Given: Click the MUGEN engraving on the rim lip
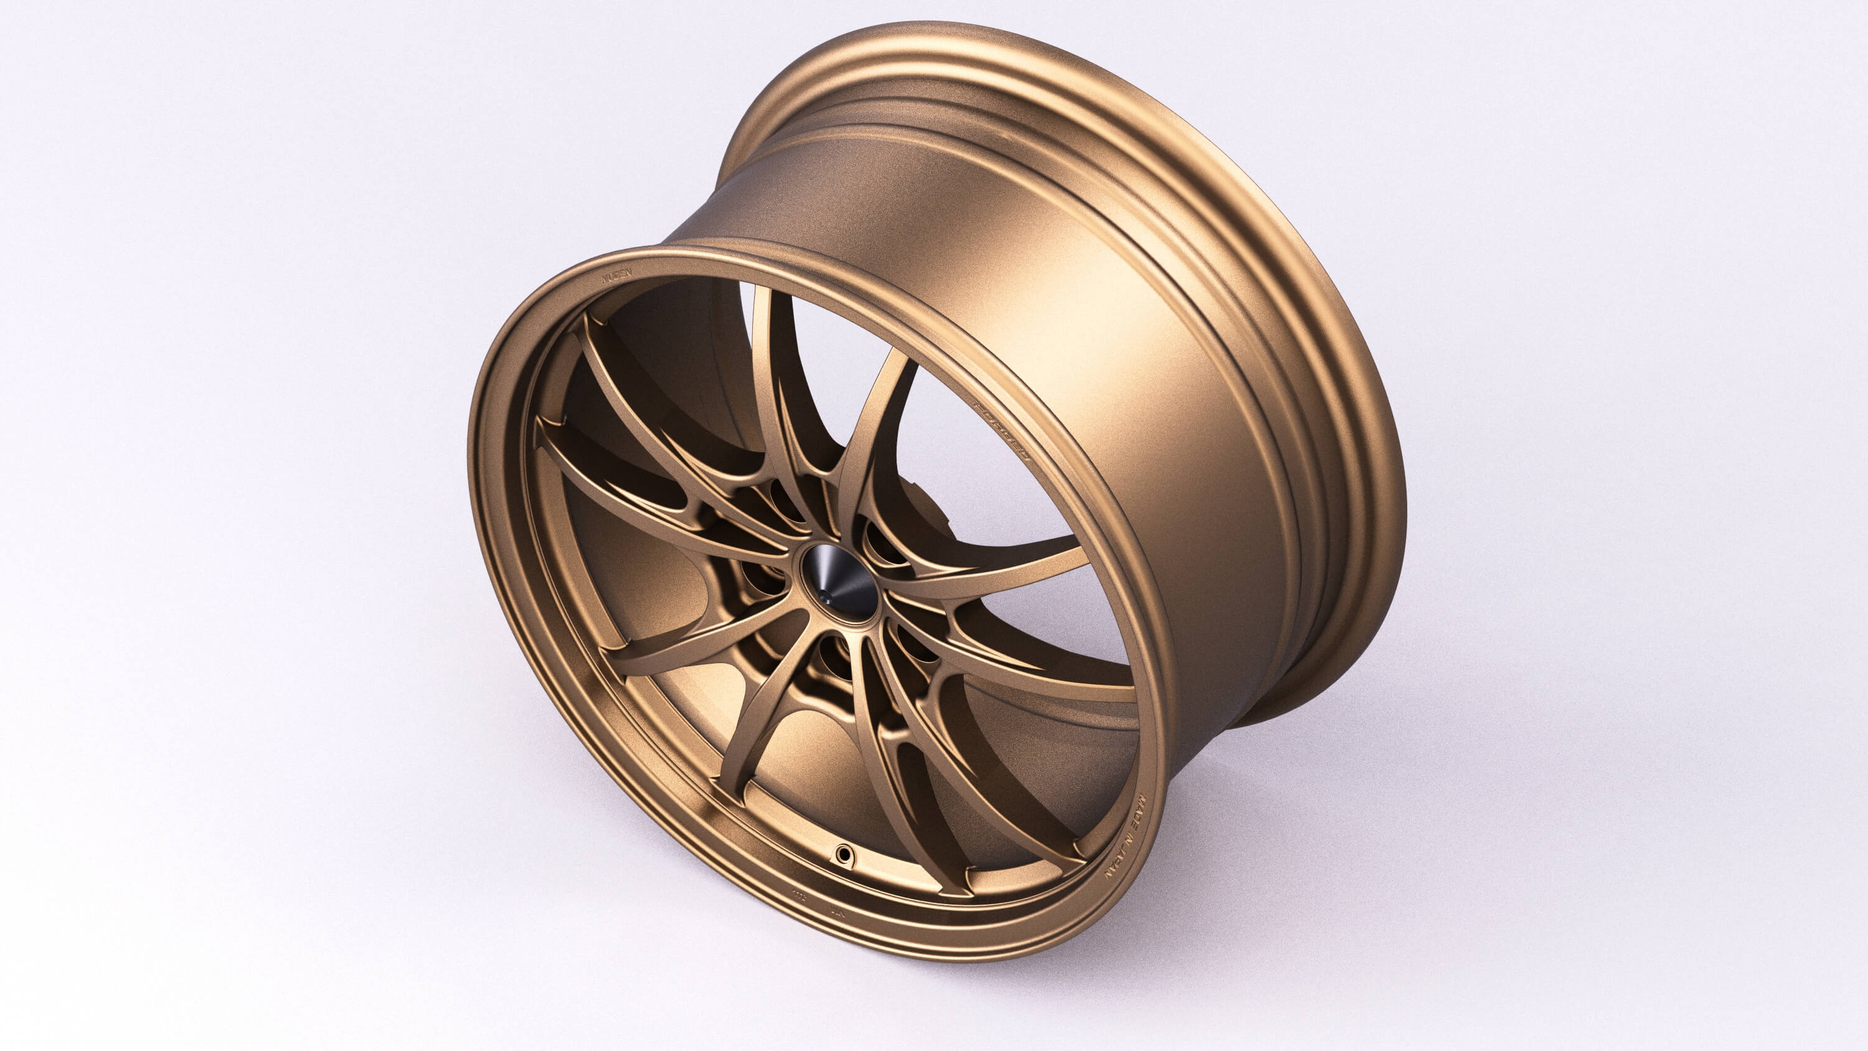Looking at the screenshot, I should pos(617,275).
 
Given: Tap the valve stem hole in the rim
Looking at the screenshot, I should pos(843,854).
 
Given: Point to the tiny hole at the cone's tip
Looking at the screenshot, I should pos(826,599).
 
